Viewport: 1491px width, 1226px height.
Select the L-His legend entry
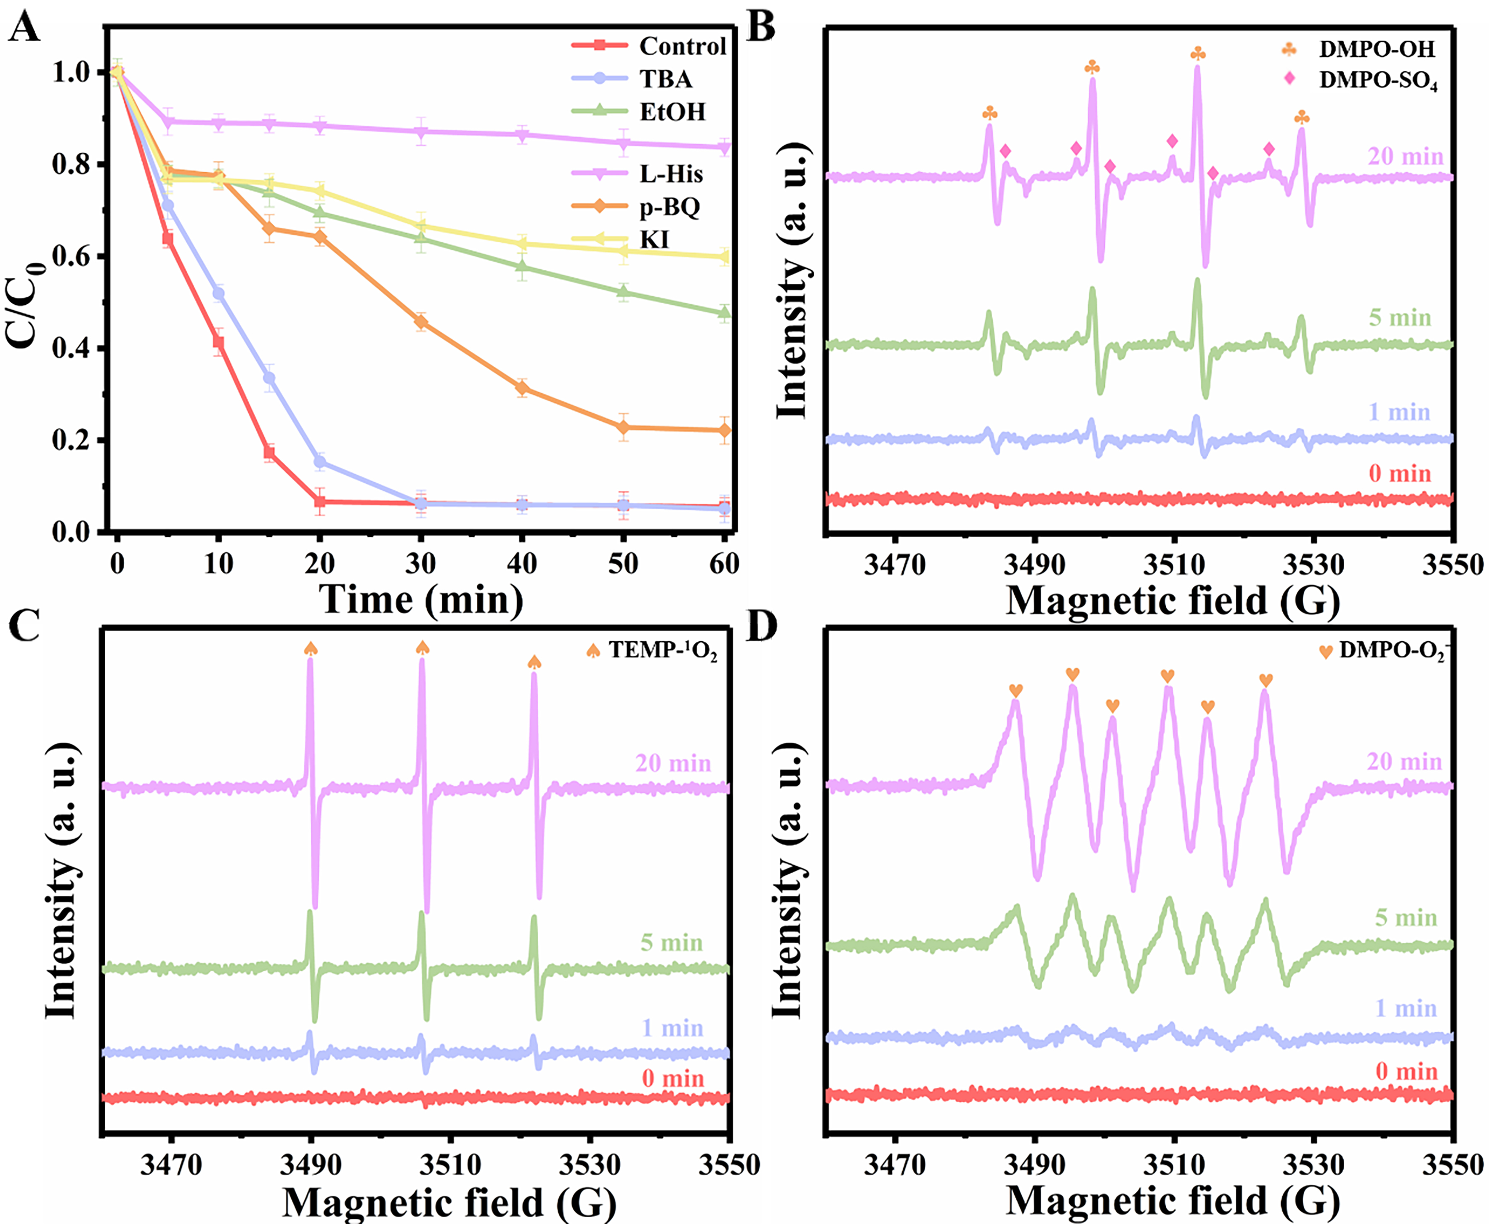(x=671, y=174)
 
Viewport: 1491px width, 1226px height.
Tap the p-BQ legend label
(x=669, y=207)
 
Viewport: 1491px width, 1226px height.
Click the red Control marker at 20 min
(x=320, y=502)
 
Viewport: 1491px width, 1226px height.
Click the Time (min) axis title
(x=422, y=600)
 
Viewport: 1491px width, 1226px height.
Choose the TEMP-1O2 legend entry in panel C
(x=662, y=650)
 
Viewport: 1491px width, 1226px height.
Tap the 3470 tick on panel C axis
(x=171, y=1164)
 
